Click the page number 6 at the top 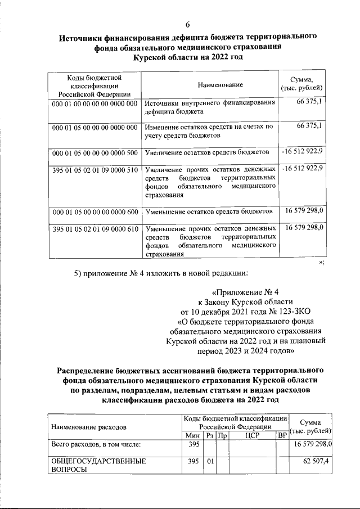[188, 24]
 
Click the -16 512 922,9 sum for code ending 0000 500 [303, 152]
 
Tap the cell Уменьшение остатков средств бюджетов [209, 212]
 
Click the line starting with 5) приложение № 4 [161, 274]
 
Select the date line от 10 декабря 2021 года [245, 311]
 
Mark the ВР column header [282, 435]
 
